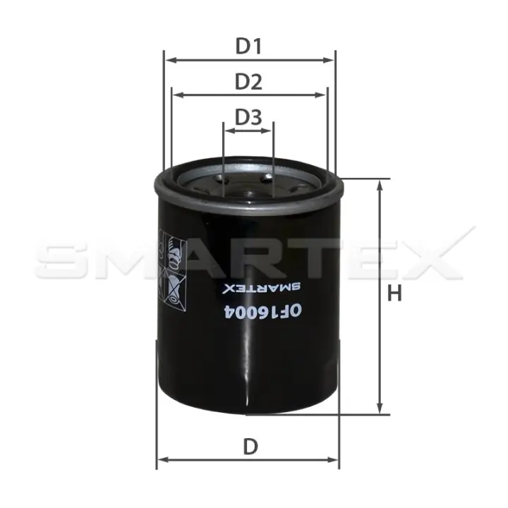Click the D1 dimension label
pos(248,47)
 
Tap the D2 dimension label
pos(248,82)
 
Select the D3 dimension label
pos(248,117)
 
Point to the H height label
pos(394,294)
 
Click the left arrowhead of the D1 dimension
pos(170,60)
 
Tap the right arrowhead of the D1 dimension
pos(329,60)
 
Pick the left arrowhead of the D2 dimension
pos(179,95)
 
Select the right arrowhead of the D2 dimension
pos(320,95)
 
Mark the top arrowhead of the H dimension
pos(380,186)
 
